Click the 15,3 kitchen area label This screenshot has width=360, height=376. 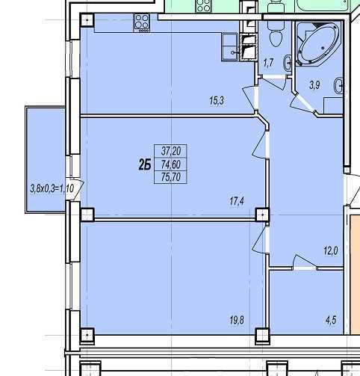(217, 101)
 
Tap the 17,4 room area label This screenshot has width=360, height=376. (237, 201)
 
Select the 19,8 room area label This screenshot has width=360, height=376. (237, 320)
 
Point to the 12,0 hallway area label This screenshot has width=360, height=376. (331, 250)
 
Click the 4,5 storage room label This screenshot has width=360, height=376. (331, 320)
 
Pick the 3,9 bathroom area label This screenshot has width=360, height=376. (314, 85)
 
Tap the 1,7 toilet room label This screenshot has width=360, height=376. (269, 63)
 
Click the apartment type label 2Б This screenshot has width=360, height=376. (145, 164)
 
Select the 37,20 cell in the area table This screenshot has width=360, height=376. (171, 151)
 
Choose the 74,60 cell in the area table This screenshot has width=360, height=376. (171, 164)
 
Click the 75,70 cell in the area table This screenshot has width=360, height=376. (171, 177)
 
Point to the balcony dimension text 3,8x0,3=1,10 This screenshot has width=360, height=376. (52, 188)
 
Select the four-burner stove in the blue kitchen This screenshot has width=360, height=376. (142, 23)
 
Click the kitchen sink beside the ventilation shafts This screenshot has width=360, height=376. (230, 47)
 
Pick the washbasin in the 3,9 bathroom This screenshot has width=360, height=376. (338, 86)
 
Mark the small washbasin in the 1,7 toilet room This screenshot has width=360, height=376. (288, 64)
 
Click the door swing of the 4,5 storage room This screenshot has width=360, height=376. (304, 262)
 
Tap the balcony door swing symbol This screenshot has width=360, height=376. (75, 190)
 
